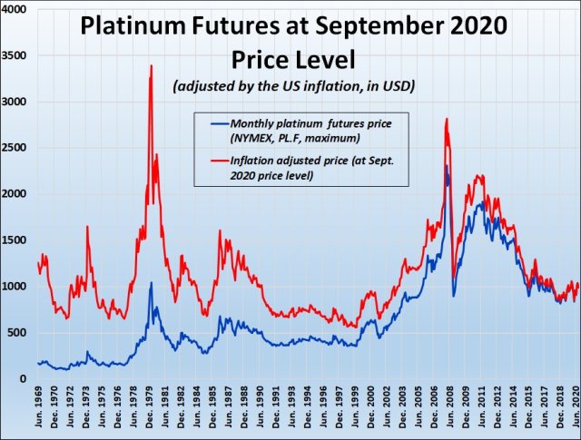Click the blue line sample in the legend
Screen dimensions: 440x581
point(213,124)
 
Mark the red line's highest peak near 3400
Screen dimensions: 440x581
point(151,65)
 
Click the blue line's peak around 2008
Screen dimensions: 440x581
point(447,166)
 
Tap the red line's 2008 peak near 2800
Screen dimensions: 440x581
point(447,119)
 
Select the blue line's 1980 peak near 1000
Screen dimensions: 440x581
point(151,283)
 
